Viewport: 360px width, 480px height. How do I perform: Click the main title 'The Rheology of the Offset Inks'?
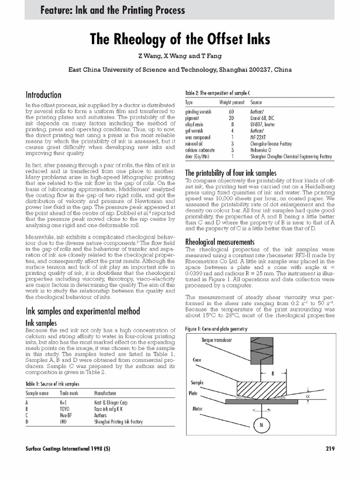coord(180,40)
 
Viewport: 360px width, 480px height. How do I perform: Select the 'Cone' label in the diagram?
coord(197,360)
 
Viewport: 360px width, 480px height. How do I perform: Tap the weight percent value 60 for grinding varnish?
coord(231,112)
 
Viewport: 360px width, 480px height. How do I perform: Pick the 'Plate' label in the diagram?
coord(194,393)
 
